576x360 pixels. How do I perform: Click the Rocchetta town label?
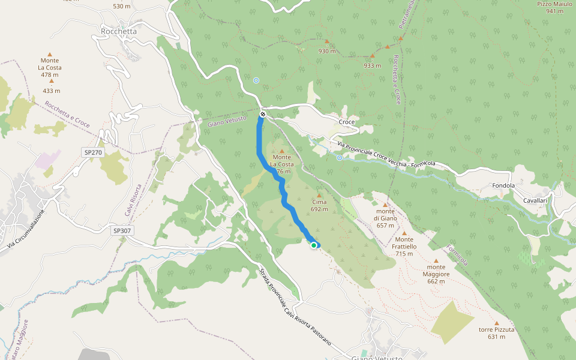point(119,31)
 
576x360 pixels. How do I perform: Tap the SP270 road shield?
point(94,153)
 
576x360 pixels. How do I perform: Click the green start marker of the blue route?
point(314,245)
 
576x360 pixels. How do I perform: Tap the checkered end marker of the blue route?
point(263,114)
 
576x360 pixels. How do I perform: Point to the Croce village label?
point(347,122)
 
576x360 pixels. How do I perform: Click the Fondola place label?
point(503,185)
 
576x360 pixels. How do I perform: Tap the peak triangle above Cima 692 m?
point(319,195)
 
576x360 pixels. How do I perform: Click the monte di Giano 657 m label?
point(385,218)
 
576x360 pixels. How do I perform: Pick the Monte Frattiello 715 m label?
point(404,246)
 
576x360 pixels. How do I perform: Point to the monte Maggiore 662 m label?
point(436,274)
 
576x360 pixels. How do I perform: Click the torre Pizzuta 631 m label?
point(496,333)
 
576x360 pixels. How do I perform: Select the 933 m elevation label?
point(372,65)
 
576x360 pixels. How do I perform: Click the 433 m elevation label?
point(52,91)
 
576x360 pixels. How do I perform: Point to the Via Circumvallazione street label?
point(26,229)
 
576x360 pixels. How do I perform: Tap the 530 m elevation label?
point(122,6)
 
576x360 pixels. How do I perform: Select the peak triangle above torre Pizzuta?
point(496,323)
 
